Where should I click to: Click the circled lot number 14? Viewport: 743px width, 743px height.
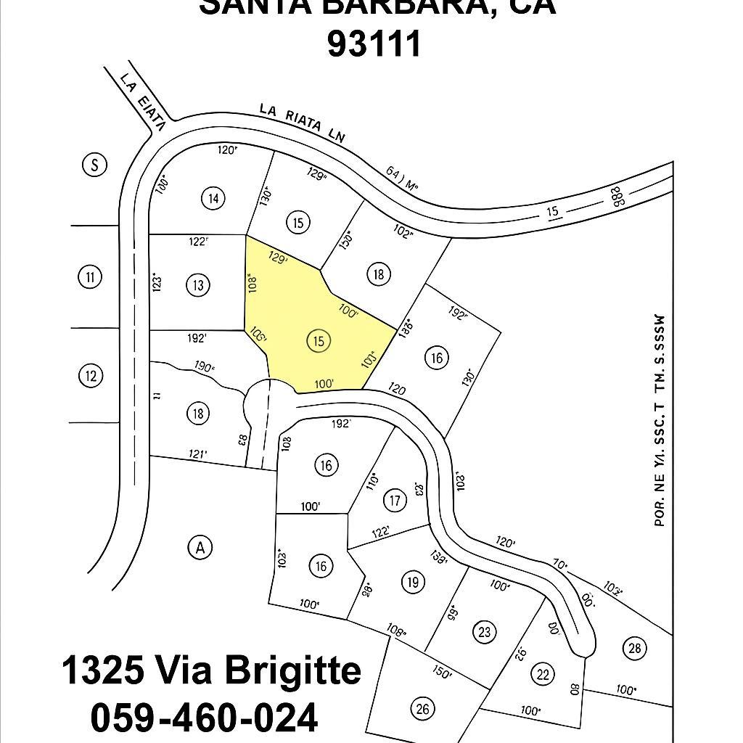pos(213,198)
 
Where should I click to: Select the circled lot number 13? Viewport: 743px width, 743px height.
pos(198,284)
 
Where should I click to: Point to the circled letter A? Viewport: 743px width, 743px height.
pos(200,548)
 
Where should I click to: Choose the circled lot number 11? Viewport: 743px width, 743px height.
pos(90,276)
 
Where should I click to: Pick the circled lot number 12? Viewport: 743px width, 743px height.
pos(90,376)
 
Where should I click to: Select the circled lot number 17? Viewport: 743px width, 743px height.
pos(395,500)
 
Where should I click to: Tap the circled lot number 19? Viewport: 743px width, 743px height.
pos(413,582)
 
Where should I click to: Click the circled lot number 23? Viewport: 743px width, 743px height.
pos(485,631)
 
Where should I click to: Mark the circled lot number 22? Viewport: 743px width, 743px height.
pos(543,673)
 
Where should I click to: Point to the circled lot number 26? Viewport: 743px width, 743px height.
pos(422,707)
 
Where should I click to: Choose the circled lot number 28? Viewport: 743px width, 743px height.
pos(635,648)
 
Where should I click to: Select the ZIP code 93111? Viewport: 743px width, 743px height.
pos(374,44)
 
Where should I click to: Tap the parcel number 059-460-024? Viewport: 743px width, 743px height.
pos(204,718)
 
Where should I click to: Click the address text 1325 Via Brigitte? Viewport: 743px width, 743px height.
pos(211,670)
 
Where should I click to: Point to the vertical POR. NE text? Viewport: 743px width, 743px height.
pos(660,421)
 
